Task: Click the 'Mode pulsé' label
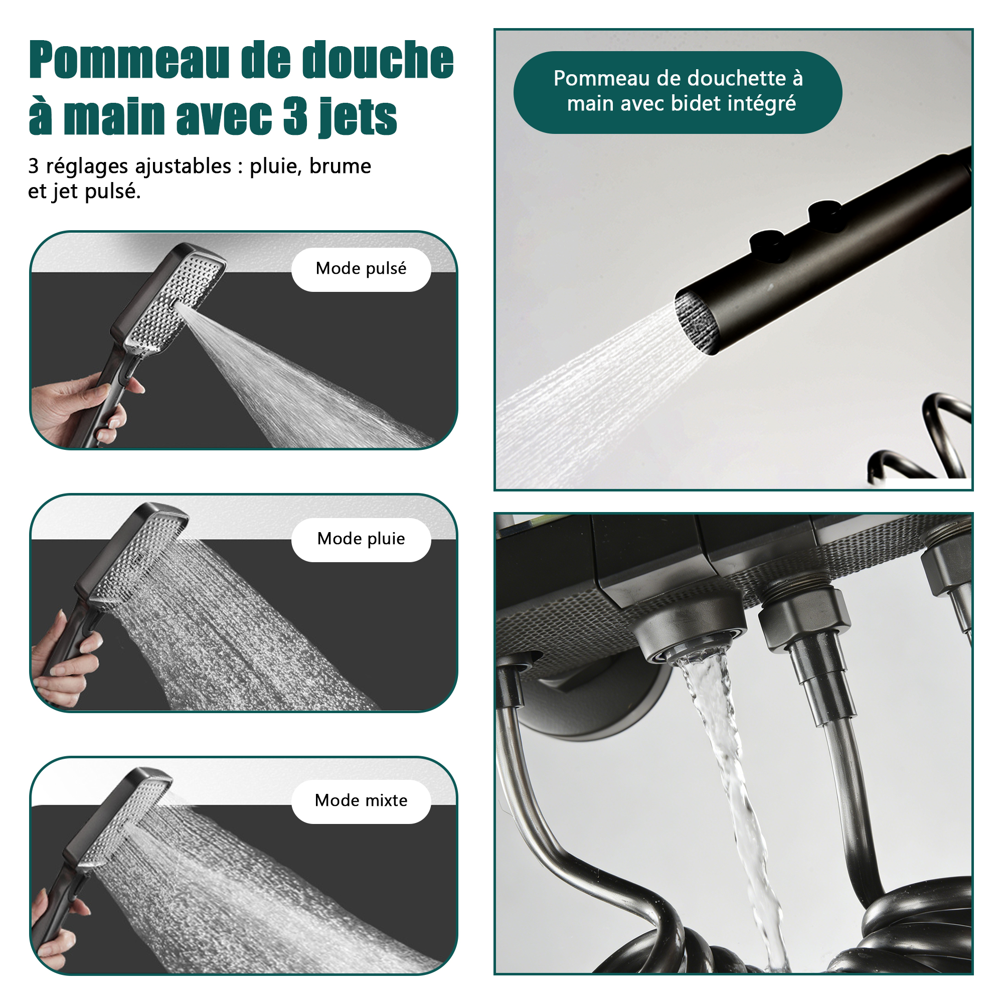361,269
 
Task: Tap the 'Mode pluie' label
361,539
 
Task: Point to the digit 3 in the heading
295,116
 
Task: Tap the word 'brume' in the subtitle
340,166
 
